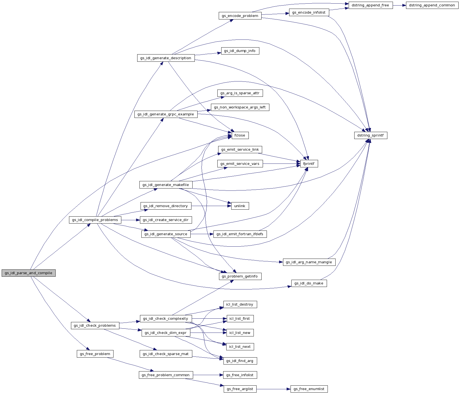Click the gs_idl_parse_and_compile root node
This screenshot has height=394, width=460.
(x=29, y=273)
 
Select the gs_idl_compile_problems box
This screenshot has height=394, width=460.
(x=95, y=220)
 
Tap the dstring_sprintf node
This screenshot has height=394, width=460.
(x=370, y=135)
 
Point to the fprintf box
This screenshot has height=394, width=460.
(x=309, y=164)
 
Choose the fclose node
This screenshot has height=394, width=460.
(x=240, y=135)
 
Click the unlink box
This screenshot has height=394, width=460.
(x=240, y=206)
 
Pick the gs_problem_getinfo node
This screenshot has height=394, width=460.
(x=240, y=276)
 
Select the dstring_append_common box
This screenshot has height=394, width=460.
(x=432, y=5)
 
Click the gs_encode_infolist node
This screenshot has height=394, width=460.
(x=309, y=13)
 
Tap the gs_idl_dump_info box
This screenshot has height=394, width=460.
(x=240, y=51)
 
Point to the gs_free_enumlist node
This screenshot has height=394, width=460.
(x=309, y=389)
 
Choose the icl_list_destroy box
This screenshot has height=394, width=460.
(x=240, y=304)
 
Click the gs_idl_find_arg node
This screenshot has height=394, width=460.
(x=240, y=361)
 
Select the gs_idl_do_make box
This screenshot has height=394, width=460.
(x=309, y=283)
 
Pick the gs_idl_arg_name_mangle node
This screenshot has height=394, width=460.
(x=309, y=262)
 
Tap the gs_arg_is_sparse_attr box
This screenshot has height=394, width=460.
(x=240, y=93)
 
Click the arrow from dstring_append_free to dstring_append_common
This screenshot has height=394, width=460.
(x=399, y=5)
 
